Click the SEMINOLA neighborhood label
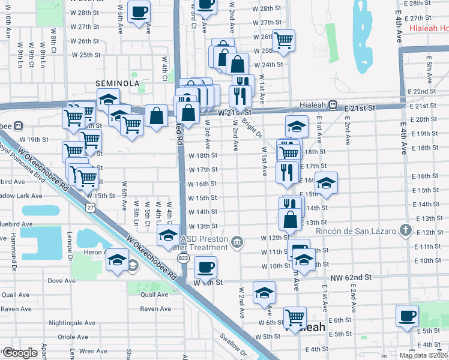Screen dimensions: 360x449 (x=116, y=83)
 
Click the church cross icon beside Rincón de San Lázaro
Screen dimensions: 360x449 (x=406, y=230)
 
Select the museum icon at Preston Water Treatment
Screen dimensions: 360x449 (x=238, y=242)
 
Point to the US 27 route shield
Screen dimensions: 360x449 (x=89, y=207)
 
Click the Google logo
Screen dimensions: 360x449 (x=20, y=352)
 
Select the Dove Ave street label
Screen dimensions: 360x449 (x=61, y=280)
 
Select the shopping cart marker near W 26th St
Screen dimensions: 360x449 (x=283, y=40)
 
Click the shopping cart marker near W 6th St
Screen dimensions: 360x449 (x=295, y=316)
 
